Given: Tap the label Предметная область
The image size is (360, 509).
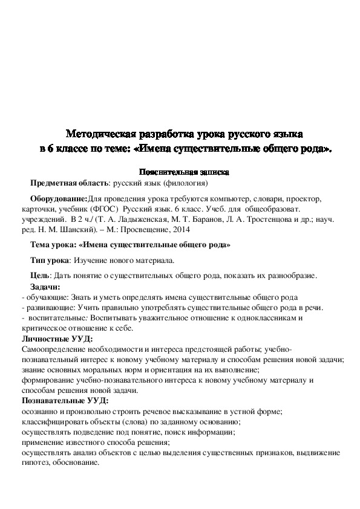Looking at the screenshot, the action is click(x=68, y=182).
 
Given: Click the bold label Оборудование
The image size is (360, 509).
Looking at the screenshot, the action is click(x=58, y=198).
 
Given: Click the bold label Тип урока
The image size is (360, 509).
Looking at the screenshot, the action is click(x=50, y=261).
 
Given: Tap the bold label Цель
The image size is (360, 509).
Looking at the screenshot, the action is click(x=40, y=276).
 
